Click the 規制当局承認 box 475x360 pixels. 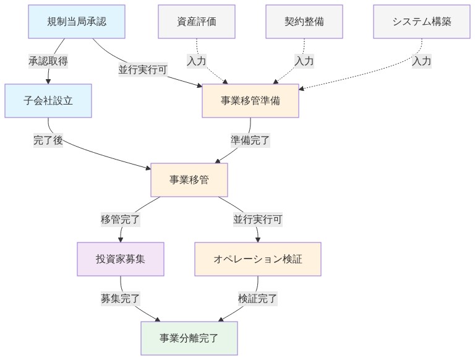point(77,21)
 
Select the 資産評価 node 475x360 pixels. point(197,21)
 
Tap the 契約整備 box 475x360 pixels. point(304,21)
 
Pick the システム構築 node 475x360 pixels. point(422,21)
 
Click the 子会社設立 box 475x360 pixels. point(48,100)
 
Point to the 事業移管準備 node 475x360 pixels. point(250,100)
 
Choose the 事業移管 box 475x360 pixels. point(189,180)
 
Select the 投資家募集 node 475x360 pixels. point(121,259)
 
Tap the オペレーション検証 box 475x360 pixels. point(258,259)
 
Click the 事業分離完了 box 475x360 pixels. point(189,338)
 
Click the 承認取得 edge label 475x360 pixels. point(48,61)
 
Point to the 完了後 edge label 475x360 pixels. point(48,140)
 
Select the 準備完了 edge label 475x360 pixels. point(250,140)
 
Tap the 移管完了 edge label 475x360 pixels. point(121,219)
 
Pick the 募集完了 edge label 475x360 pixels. point(121,298)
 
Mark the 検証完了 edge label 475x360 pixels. point(258,298)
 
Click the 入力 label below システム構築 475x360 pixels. point(422,61)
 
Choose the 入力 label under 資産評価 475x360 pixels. point(197,61)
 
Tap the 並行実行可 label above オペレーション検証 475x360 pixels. point(258,219)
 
